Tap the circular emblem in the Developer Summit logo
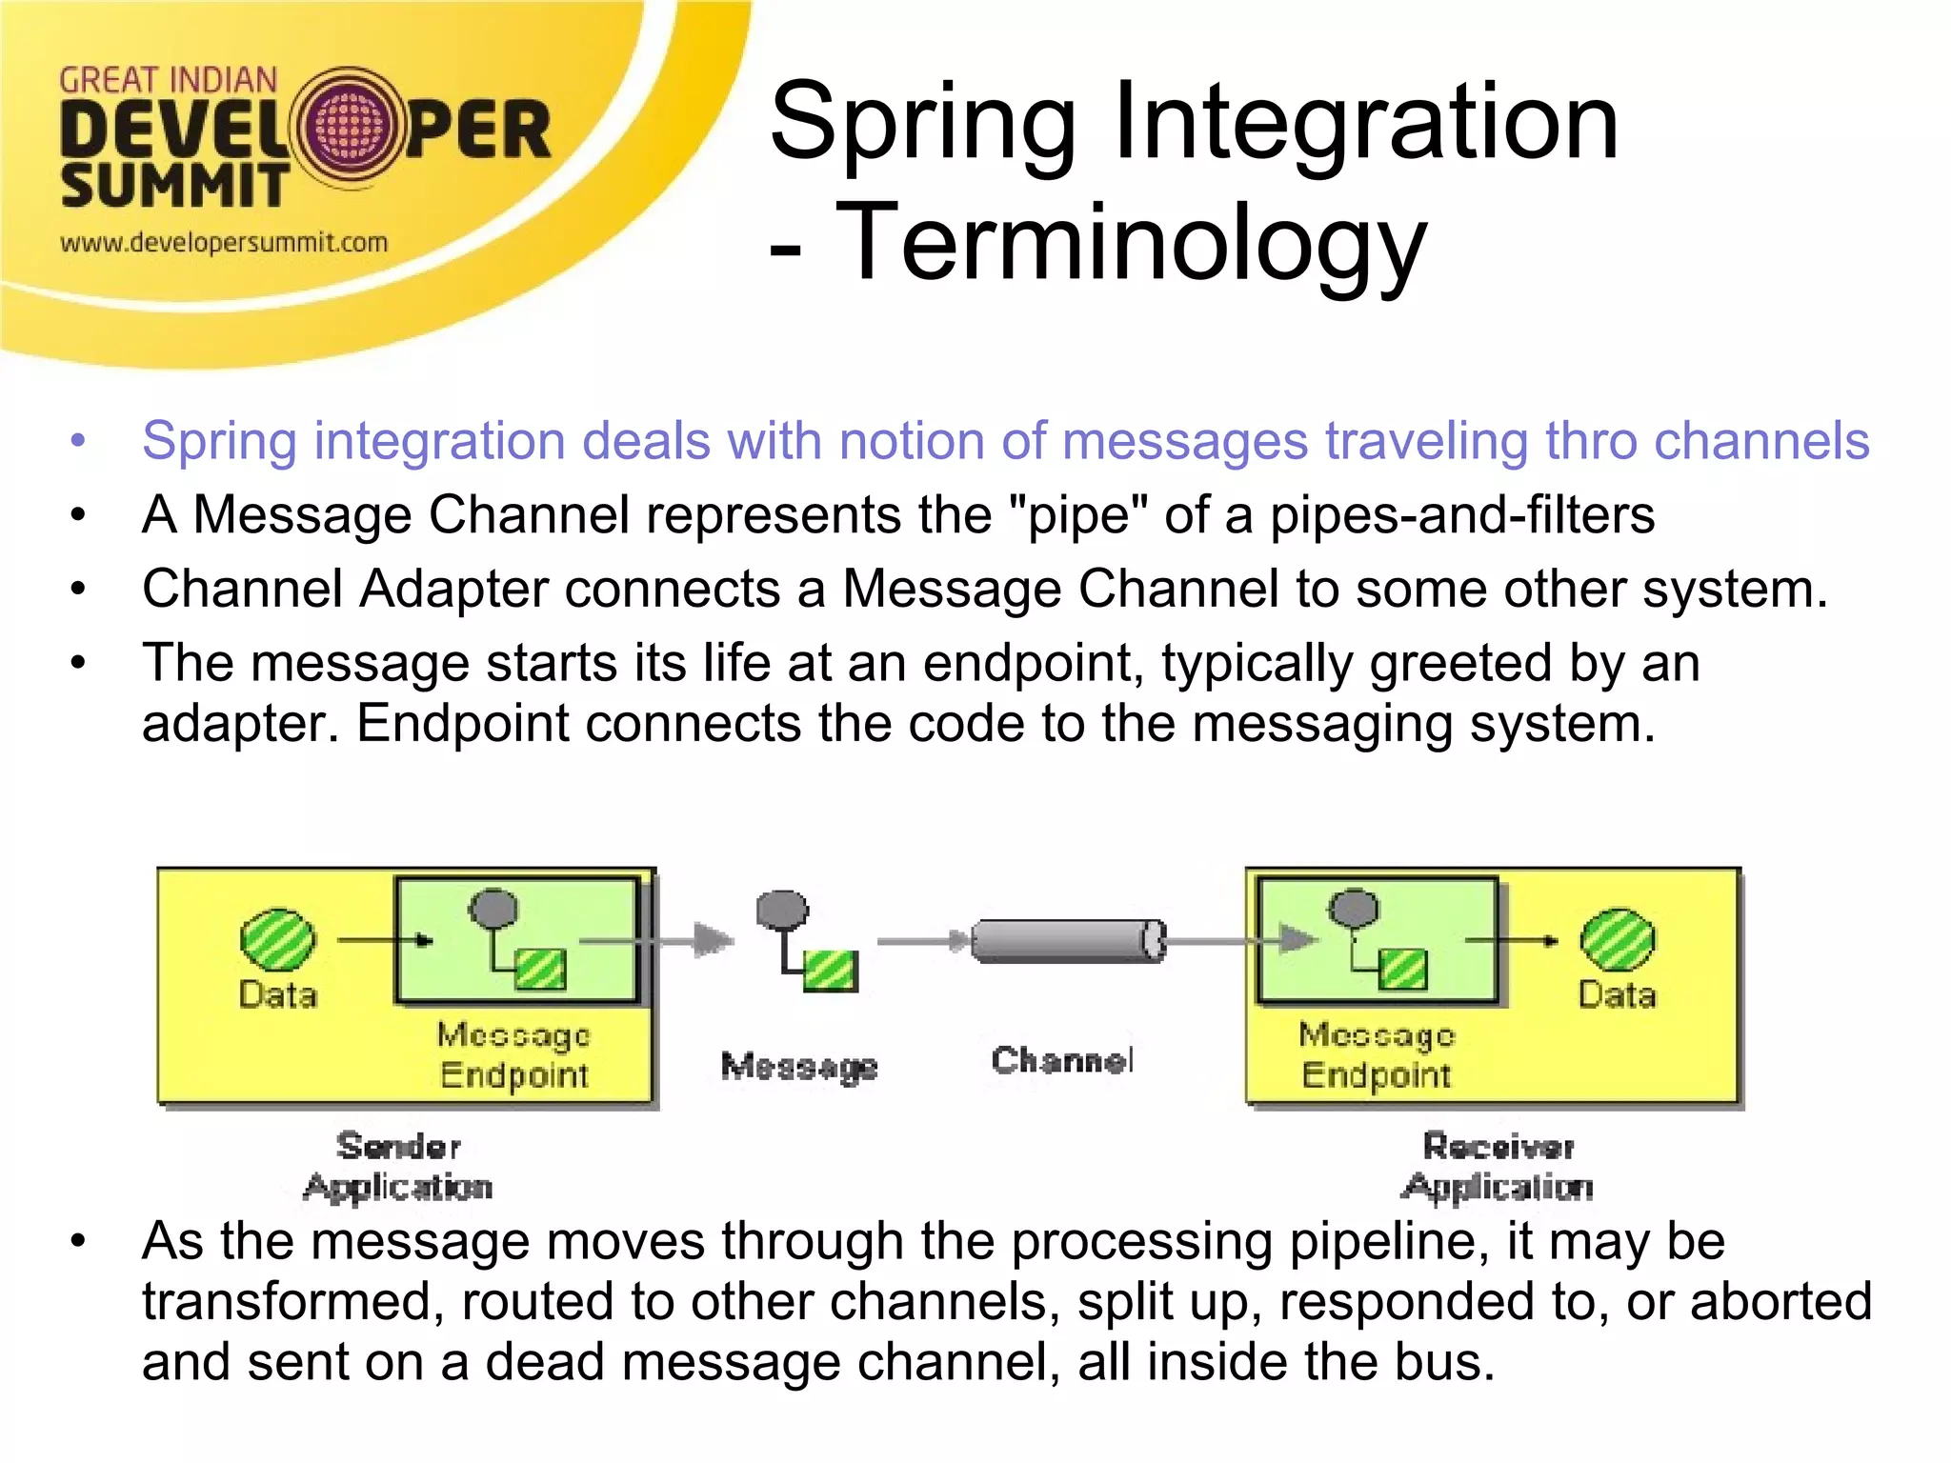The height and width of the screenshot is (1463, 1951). coord(349,129)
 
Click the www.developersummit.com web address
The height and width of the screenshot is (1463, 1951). coord(224,243)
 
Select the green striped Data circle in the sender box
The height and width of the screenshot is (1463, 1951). coord(276,939)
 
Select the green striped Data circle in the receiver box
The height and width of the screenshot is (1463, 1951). coord(1617,939)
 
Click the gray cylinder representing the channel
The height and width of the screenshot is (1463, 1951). coord(1067,941)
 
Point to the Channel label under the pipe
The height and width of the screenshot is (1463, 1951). coord(1061,1060)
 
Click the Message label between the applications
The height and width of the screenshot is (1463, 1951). coord(798,1066)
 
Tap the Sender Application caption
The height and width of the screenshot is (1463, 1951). coord(398,1166)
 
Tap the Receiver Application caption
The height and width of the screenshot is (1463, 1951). coord(1498,1166)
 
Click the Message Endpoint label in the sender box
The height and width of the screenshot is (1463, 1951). coord(513,1054)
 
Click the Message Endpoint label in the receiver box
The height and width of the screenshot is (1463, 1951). coord(1377,1054)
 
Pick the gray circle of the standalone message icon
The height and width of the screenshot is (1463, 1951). coord(782,911)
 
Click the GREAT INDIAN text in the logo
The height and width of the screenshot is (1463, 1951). coord(168,81)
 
